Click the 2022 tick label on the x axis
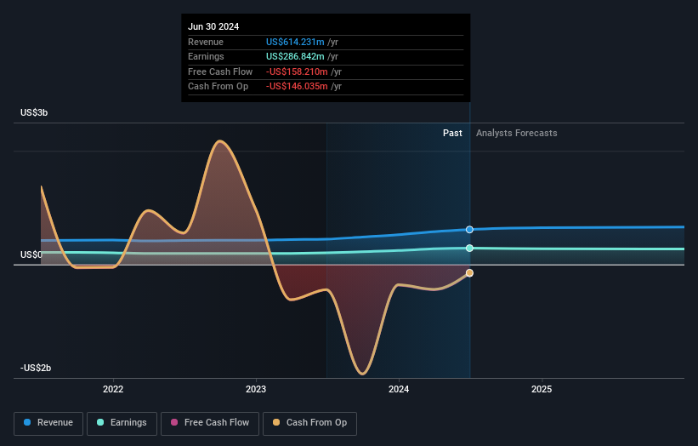[x=113, y=389]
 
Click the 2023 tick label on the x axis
[x=256, y=389]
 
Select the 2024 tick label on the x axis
[x=399, y=389]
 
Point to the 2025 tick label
[x=542, y=389]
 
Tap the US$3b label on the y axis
[x=35, y=112]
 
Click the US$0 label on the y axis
[x=32, y=254]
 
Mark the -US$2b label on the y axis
[x=37, y=368]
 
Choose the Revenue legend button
[x=49, y=422]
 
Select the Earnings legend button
[x=122, y=422]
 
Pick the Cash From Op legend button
[x=310, y=422]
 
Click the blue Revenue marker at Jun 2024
[x=469, y=230]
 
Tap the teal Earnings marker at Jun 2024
[x=469, y=249]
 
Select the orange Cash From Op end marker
[x=469, y=273]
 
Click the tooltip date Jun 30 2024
[x=213, y=26]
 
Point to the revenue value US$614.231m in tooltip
[x=295, y=42]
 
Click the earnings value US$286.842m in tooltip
[x=295, y=57]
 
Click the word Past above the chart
[x=452, y=133]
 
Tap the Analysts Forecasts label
[x=517, y=133]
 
